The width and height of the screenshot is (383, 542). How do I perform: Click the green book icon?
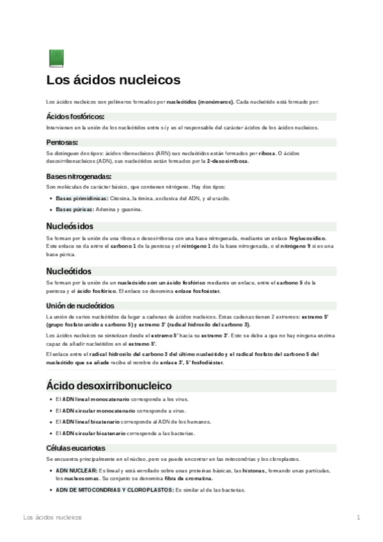[56, 58]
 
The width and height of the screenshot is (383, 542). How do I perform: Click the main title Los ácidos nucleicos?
[113, 81]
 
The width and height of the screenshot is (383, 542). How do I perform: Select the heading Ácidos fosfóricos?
[75, 117]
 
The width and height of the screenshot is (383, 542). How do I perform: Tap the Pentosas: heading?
[62, 143]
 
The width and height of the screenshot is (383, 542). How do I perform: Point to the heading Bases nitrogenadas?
[79, 176]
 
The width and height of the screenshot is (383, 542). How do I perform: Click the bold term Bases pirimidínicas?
[82, 199]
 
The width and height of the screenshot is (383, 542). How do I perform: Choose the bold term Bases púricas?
[74, 209]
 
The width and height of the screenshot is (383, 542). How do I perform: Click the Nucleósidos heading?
[70, 226]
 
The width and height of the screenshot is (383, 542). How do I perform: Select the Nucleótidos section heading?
[68, 271]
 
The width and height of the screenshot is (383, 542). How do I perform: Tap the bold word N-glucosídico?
[308, 237]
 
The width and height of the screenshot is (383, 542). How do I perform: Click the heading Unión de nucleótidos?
[80, 306]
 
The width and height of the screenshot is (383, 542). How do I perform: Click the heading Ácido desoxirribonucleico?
[109, 386]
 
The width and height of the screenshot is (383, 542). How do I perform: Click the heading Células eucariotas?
[75, 448]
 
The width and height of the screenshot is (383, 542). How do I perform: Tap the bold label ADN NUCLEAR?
[76, 470]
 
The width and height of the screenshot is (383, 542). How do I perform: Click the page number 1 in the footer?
[359, 516]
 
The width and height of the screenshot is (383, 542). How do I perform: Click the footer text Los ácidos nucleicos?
[52, 516]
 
